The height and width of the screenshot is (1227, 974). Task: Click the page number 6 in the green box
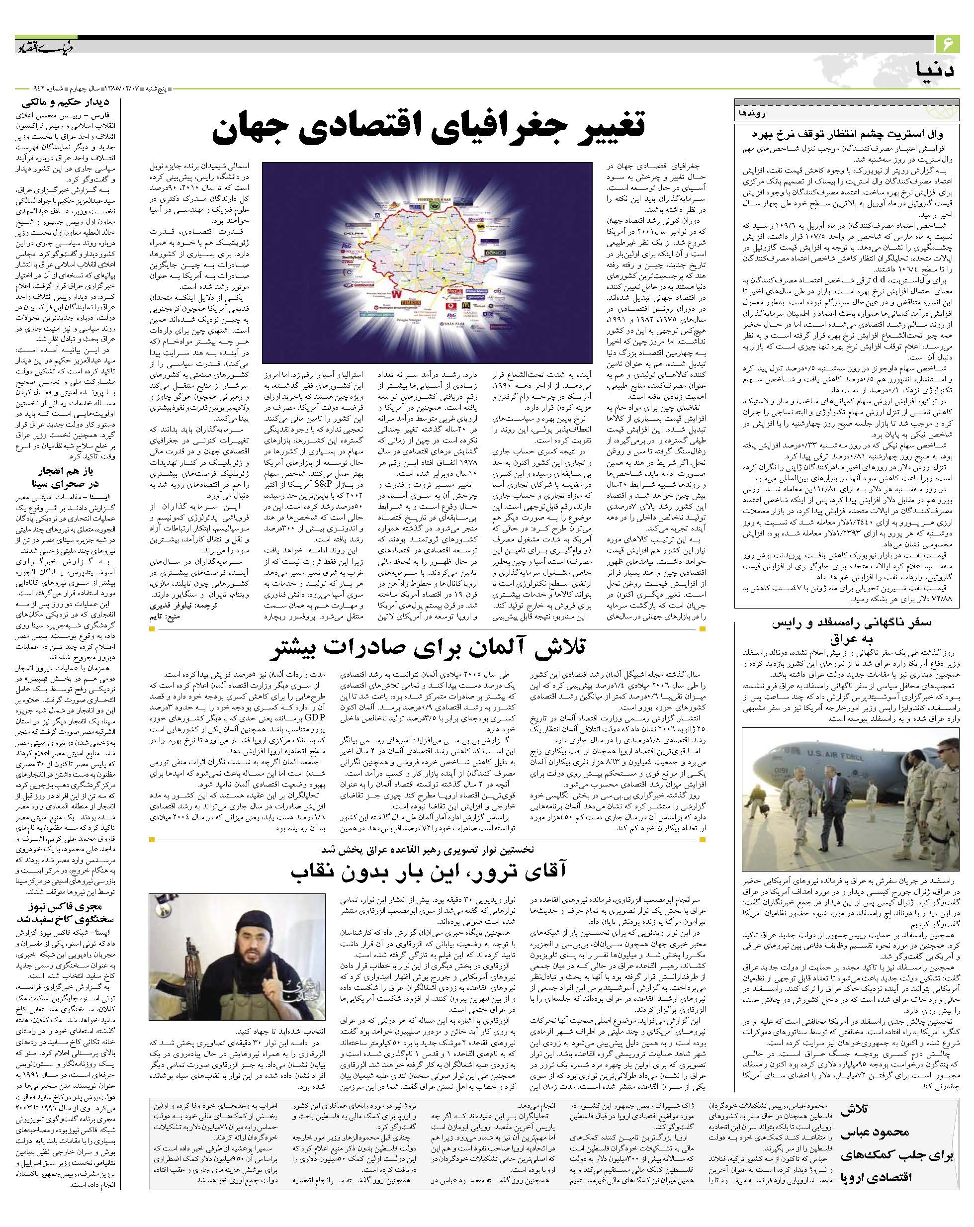[x=947, y=43]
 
